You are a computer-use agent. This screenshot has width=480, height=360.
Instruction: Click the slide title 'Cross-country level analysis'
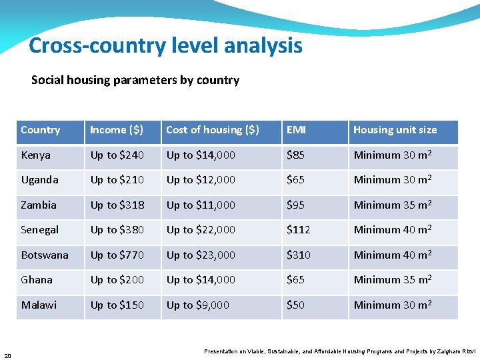pos(165,46)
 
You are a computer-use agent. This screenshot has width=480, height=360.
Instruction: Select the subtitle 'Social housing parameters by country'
pos(135,80)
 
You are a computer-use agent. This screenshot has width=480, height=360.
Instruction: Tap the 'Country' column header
pos(41,130)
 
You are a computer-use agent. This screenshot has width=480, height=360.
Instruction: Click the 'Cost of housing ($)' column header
pos(213,130)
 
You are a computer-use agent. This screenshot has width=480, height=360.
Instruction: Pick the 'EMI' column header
pos(296,130)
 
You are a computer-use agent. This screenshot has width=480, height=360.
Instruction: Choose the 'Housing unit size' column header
pos(395,130)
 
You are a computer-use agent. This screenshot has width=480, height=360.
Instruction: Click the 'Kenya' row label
pos(36,155)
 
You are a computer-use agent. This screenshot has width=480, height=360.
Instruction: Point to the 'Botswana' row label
pos(45,255)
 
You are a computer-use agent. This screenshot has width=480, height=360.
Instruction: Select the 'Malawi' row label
pos(39,305)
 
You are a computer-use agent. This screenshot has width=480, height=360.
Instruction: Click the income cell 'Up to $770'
pos(117,255)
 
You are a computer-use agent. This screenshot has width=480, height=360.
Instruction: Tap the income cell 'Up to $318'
pos(117,205)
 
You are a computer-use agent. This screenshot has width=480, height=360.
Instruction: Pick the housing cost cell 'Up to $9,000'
pos(198,305)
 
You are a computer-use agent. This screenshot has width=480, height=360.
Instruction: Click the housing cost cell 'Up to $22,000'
pos(201,230)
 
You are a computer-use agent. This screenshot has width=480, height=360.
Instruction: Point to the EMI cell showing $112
pos(299,230)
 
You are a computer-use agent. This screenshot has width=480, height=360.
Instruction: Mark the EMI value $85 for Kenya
pos(296,155)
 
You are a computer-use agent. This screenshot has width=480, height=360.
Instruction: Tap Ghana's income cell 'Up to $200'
pos(117,280)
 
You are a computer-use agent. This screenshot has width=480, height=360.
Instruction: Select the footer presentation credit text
pos(339,351)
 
